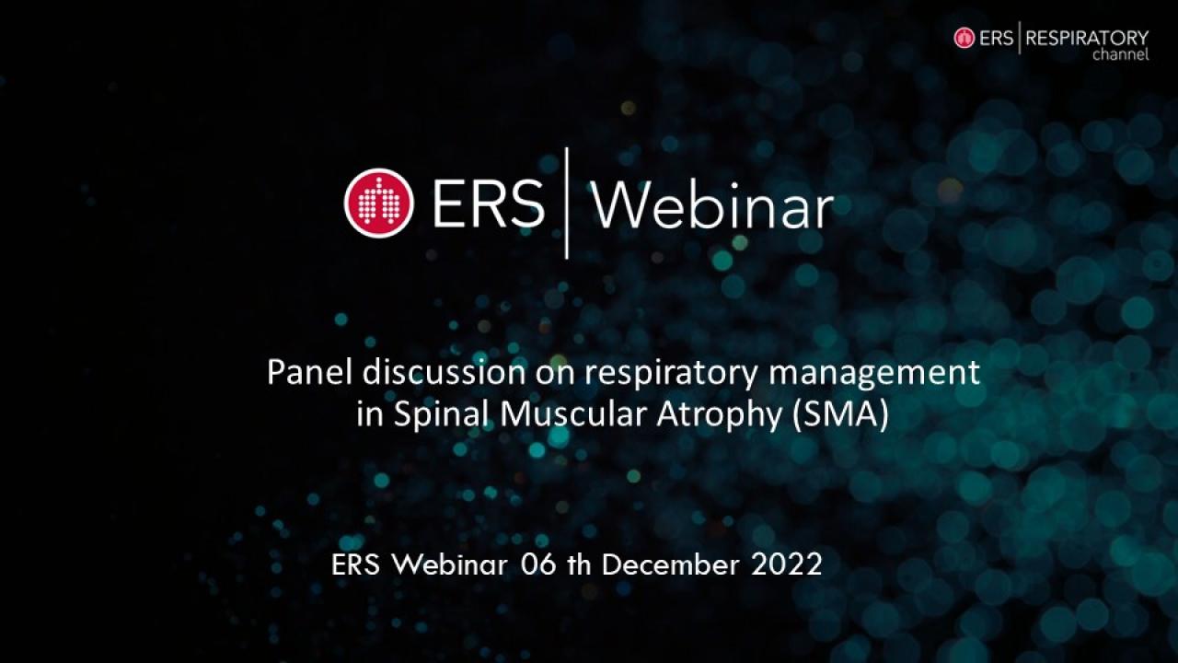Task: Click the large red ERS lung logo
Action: pos(378,204)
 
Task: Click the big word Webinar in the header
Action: pos(712,205)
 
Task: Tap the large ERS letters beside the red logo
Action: pos(488,204)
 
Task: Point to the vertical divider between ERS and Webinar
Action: pos(566,204)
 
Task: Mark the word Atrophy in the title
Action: pos(720,415)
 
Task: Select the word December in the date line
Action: pos(671,564)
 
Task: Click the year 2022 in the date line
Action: pos(787,565)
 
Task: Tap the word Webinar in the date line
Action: pos(450,565)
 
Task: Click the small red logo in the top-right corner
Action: pos(964,39)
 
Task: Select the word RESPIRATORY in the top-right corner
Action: pos(1087,39)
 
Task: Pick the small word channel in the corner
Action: pos(1121,54)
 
